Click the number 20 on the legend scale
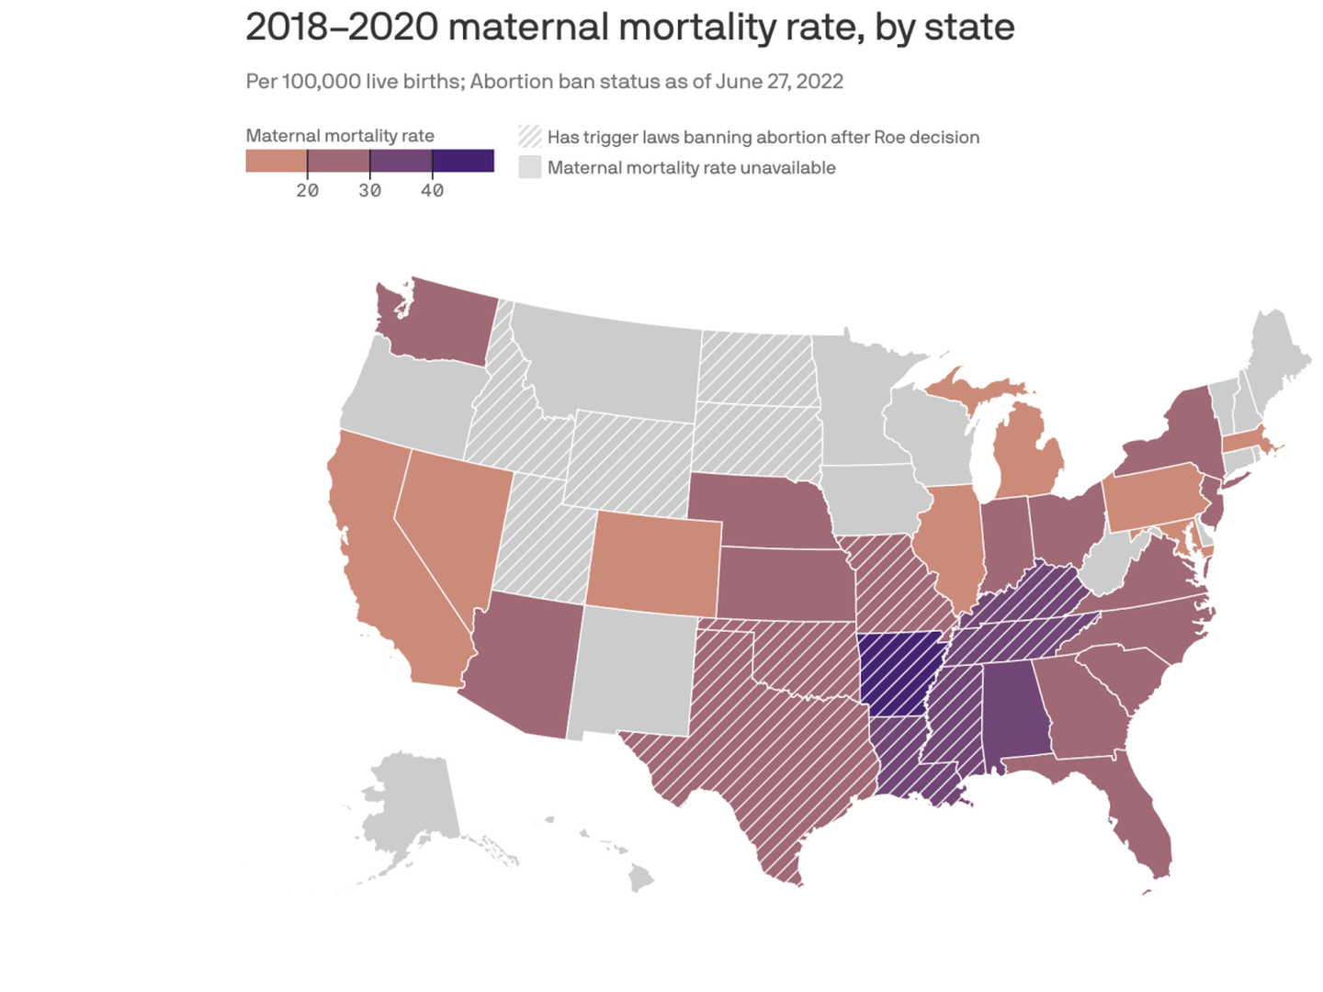coord(307,191)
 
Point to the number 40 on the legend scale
coord(432,191)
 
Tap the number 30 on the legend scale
coord(369,191)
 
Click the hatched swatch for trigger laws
coord(530,137)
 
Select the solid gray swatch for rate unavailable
coord(530,167)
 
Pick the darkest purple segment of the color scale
coord(463,161)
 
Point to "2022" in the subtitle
coord(820,82)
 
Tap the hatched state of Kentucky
coord(1029,597)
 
